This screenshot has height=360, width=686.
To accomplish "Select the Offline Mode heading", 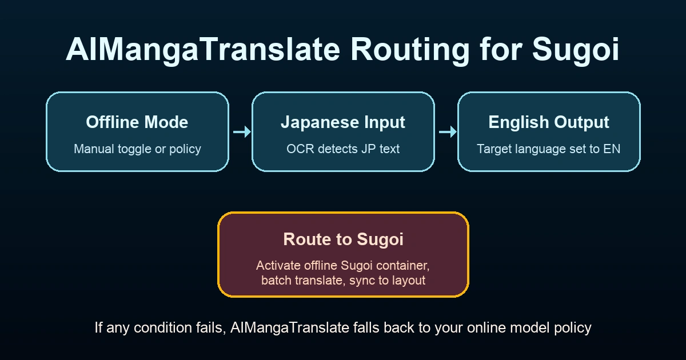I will (137, 122).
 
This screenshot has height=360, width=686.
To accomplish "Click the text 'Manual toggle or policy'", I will (137, 149).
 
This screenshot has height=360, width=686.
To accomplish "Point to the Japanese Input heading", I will (343, 122).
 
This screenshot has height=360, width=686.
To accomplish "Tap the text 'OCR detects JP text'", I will (343, 149).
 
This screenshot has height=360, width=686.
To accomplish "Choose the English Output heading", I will (549, 122).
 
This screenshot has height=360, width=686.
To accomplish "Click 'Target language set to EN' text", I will (549, 149).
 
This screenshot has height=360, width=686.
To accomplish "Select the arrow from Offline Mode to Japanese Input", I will (241, 132).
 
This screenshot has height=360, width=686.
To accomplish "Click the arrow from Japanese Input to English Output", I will (447, 132).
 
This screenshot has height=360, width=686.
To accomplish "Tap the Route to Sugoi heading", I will (343, 239).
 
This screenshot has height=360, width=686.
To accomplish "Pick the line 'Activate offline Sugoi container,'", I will (343, 266).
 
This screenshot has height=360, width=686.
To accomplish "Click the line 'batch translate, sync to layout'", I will (343, 281).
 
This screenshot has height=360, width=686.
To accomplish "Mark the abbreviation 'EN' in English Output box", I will (612, 149).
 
